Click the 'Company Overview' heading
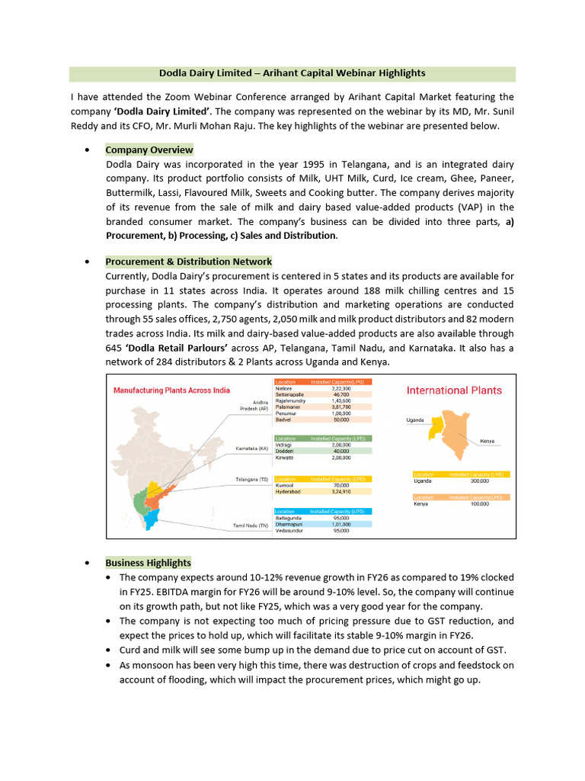[149, 150]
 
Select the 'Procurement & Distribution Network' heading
[188, 262]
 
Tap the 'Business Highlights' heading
[148, 563]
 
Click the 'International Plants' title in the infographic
[454, 390]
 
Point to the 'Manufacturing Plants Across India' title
[171, 390]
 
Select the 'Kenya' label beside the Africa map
[487, 441]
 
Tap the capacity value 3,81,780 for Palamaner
[340, 407]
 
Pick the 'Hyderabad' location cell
[289, 492]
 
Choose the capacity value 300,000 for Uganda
[479, 481]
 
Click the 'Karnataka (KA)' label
[252, 448]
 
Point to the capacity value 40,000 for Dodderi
[340, 451]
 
